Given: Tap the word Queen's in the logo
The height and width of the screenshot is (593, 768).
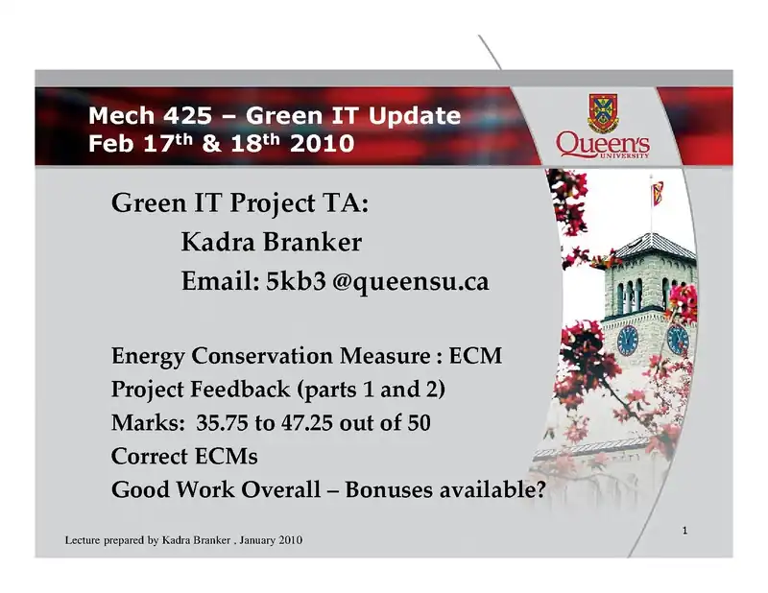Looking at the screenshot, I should pyautogui.click(x=602, y=143).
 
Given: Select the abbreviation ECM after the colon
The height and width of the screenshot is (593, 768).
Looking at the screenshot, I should pyautogui.click(x=475, y=356).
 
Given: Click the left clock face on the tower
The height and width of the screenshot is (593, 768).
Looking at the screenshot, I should pyautogui.click(x=627, y=339).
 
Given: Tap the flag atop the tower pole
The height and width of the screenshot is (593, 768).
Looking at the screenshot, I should pyautogui.click(x=658, y=193).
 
